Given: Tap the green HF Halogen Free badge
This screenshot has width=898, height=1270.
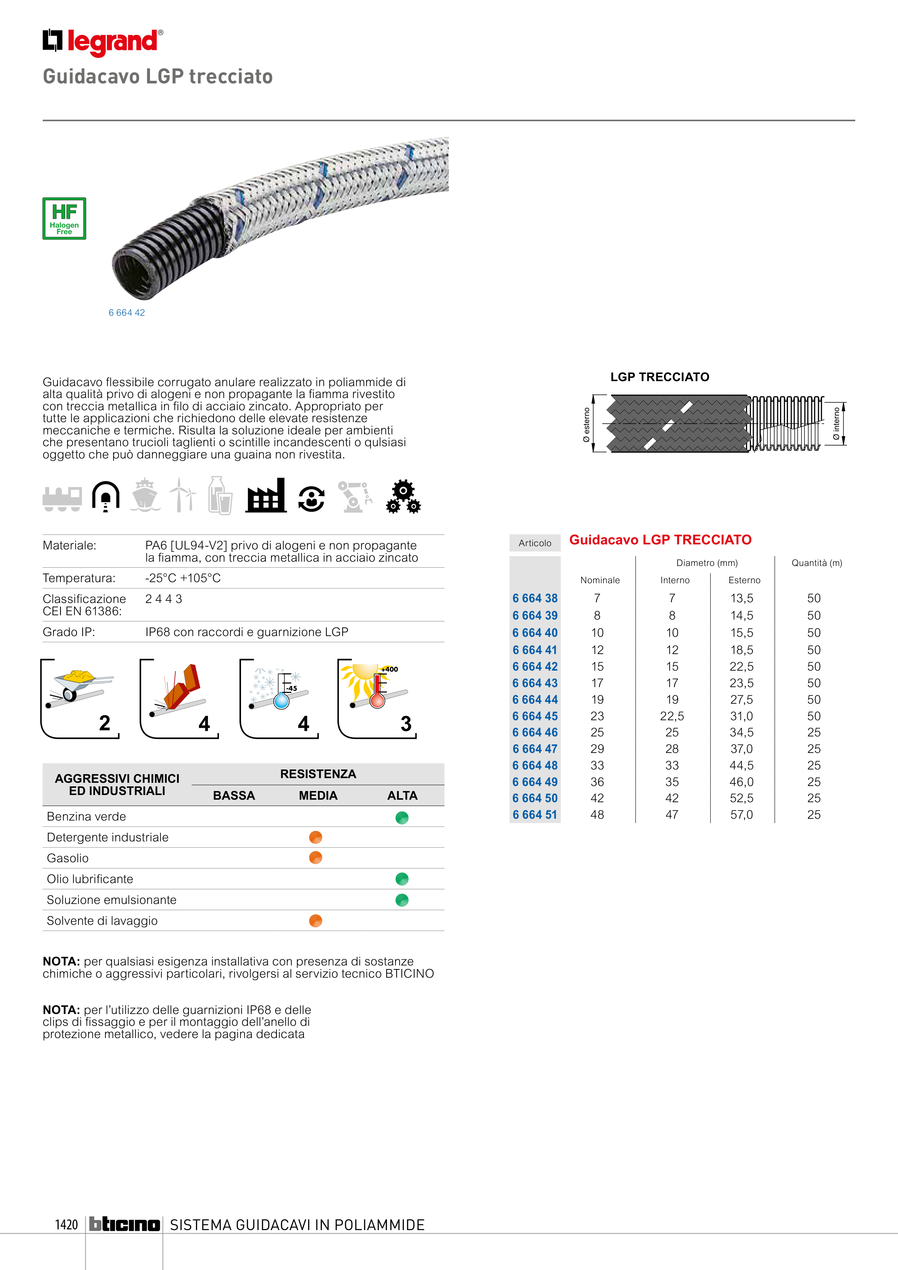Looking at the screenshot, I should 64,219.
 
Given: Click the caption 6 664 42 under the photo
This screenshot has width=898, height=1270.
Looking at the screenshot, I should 127,312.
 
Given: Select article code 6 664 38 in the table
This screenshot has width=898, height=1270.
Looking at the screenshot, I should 534,598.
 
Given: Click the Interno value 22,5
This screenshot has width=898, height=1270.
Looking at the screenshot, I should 672,716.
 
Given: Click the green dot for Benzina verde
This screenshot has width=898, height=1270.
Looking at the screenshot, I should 402,818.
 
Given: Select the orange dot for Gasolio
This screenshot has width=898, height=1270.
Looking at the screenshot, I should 315,858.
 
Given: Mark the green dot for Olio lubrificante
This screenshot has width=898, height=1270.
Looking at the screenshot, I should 402,879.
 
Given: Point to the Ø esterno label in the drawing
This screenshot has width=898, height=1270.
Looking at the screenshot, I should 587,424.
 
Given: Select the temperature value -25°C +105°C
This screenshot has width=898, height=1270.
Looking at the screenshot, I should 183,578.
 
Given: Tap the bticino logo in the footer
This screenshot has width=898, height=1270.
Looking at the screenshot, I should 124,1225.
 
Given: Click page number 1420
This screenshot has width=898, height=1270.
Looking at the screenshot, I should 67,1225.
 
